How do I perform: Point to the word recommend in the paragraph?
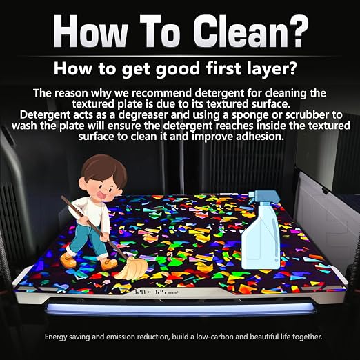click(x=161, y=93)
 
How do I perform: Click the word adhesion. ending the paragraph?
click(x=259, y=137)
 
